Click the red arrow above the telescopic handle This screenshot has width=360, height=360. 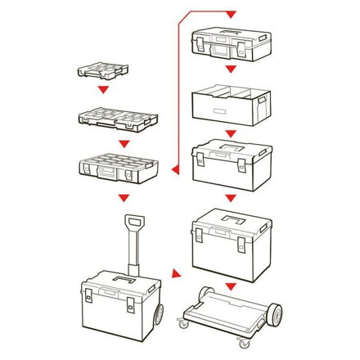(124, 198)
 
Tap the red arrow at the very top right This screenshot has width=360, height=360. (231, 15)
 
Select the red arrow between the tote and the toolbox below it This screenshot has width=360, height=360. (232, 132)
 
